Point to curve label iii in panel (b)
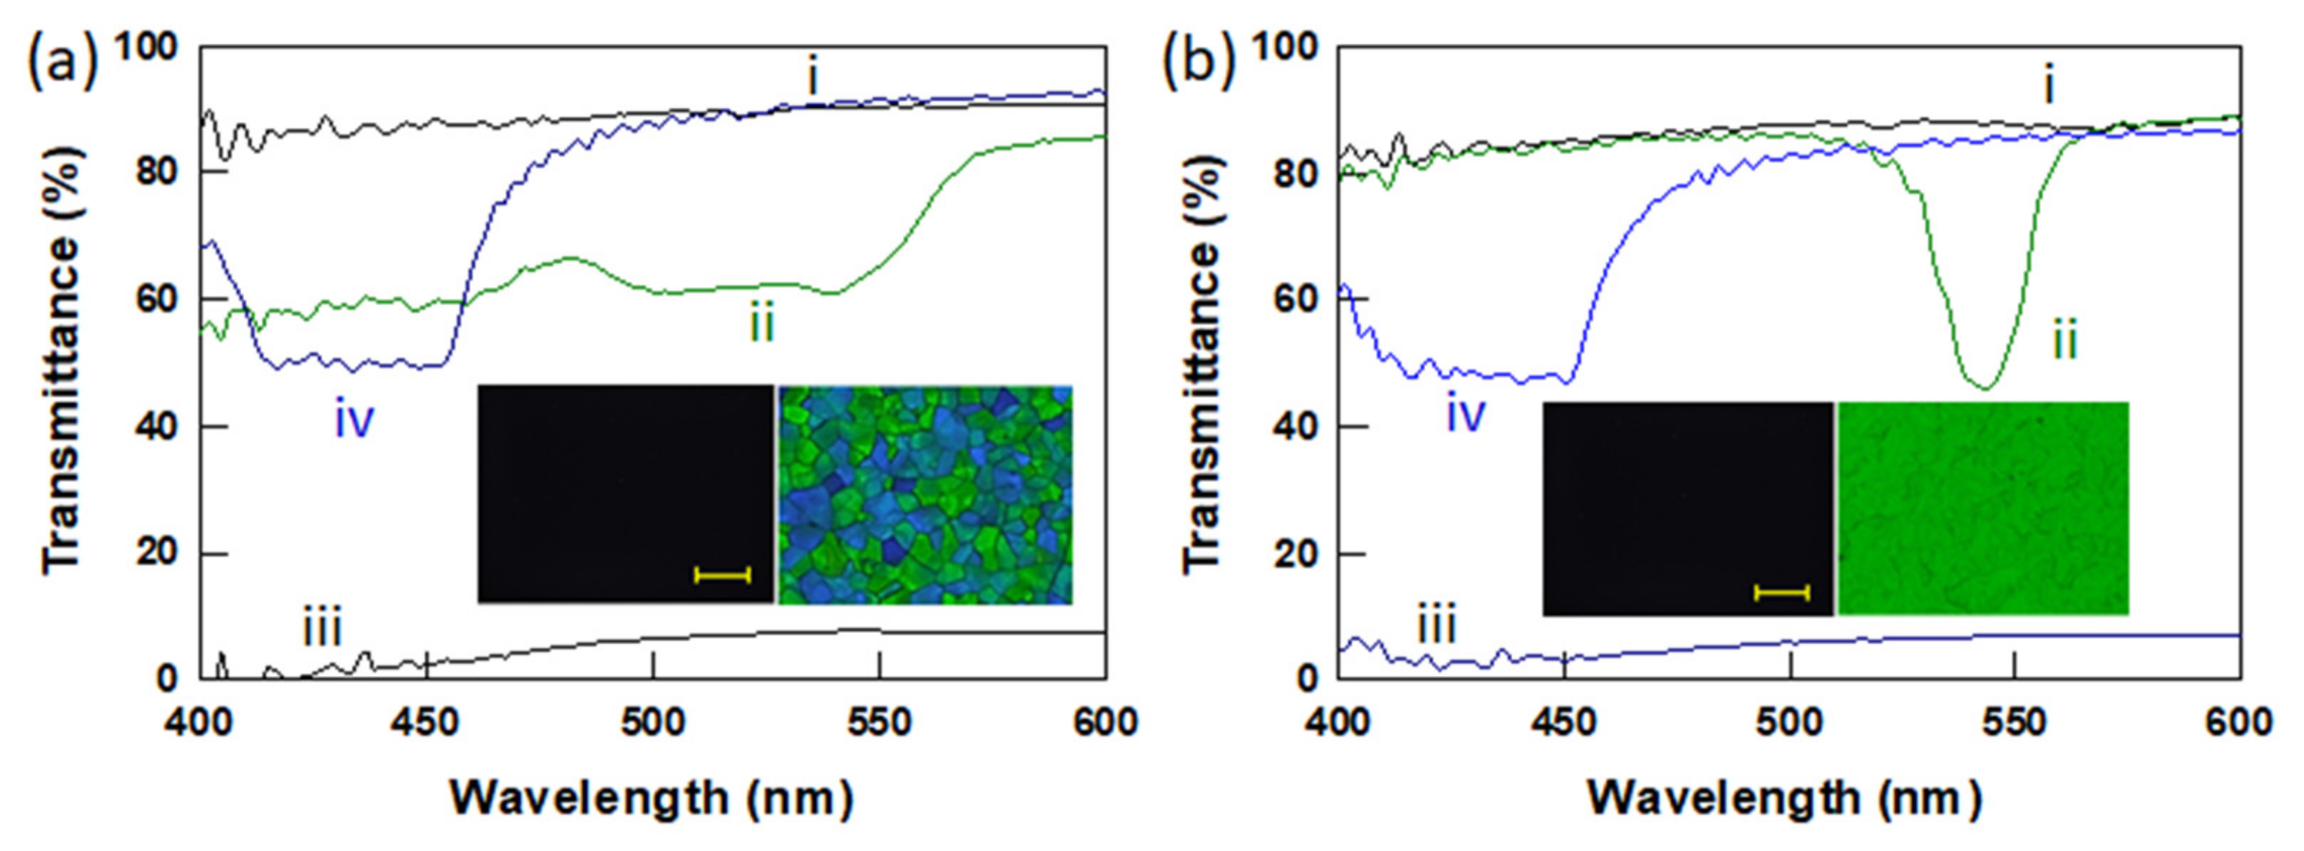1436,623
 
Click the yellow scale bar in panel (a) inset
722,575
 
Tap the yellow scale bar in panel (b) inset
1782,592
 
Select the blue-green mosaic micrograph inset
925,494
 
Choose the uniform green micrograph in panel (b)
1983,508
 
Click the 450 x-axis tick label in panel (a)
427,721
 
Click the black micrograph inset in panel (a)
626,494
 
